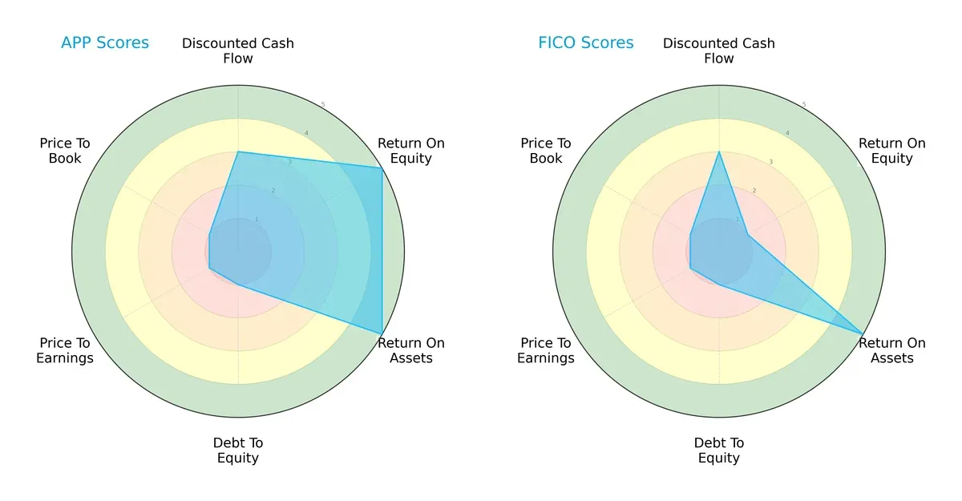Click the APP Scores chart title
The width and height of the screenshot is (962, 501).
click(105, 43)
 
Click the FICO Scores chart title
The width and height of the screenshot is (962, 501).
click(585, 43)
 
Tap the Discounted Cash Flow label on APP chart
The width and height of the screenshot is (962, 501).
click(238, 51)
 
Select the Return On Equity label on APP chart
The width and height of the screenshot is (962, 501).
click(411, 151)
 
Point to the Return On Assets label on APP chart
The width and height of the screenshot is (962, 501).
click(411, 350)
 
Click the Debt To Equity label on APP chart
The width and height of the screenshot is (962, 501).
click(238, 450)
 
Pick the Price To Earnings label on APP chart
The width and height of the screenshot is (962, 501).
click(65, 350)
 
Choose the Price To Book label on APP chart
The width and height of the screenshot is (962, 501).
click(65, 151)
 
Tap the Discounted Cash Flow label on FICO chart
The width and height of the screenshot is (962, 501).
click(719, 51)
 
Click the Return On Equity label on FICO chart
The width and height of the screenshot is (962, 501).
click(892, 151)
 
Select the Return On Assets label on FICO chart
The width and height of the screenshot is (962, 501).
click(892, 350)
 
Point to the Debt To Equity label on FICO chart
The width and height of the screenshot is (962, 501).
click(719, 450)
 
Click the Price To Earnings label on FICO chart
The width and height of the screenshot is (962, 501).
click(546, 350)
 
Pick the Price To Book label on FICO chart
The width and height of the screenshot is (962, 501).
click(546, 151)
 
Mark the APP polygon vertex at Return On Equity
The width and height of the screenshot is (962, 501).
click(382, 168)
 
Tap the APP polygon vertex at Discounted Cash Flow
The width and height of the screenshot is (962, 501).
click(238, 152)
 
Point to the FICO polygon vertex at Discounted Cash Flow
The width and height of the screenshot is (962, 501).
click(719, 152)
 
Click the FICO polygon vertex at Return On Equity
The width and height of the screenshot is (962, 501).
click(748, 234)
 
